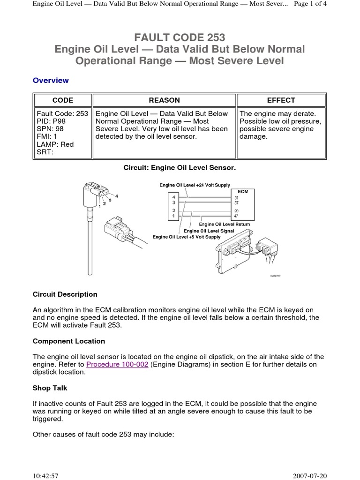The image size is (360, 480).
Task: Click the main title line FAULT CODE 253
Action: click(180, 37)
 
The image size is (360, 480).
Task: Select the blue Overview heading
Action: click(51, 80)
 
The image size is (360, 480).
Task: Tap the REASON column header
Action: click(164, 100)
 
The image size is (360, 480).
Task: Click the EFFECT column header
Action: click(281, 100)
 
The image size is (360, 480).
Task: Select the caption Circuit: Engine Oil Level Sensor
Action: click(180, 167)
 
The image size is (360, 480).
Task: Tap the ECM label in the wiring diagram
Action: click(243, 192)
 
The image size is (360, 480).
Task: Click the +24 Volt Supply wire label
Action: click(195, 186)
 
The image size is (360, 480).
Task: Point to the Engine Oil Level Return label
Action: click(225, 225)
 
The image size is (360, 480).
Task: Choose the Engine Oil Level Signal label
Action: click(209, 231)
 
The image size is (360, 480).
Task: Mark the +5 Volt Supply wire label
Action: click(186, 237)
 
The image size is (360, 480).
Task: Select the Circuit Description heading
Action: click(65, 294)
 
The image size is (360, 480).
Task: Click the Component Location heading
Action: click(68, 341)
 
